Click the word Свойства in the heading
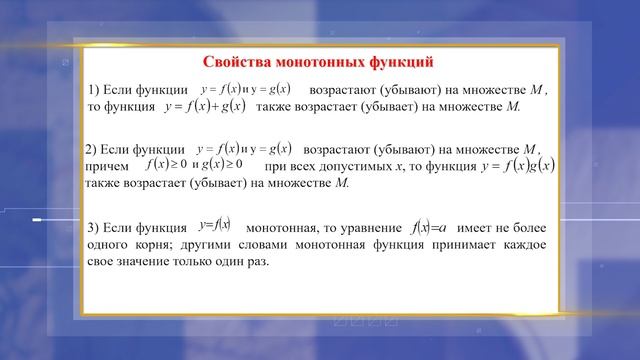click(x=237, y=62)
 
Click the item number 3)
click(x=95, y=226)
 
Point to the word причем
click(x=108, y=166)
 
